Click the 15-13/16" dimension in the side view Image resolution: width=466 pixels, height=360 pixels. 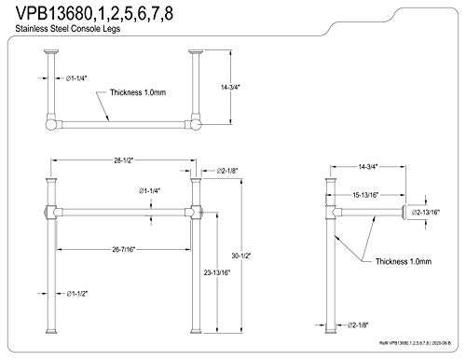(x=366, y=194)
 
